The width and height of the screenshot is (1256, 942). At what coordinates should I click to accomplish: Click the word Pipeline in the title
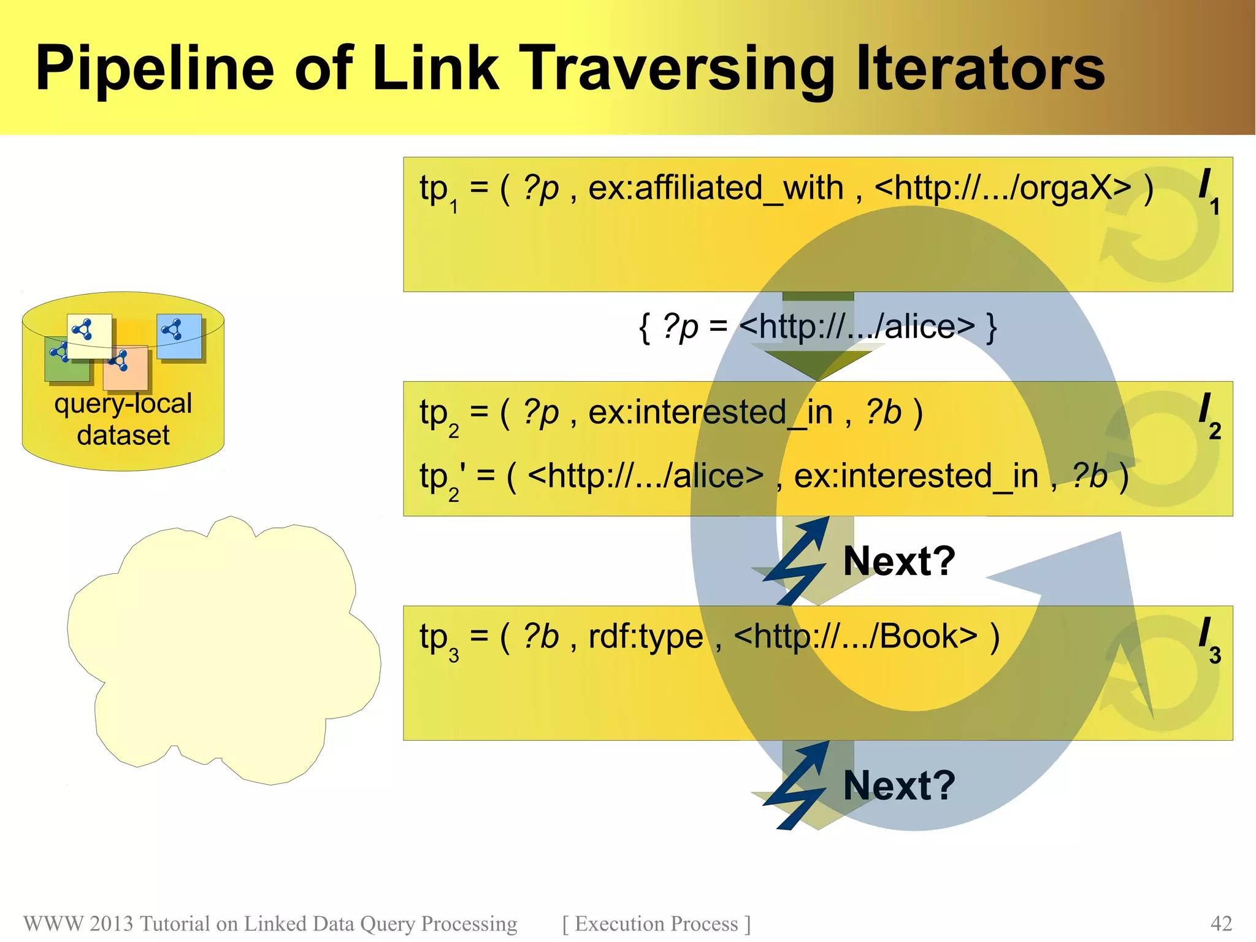pos(154,69)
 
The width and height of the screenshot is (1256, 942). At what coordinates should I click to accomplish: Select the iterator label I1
pos(1208,190)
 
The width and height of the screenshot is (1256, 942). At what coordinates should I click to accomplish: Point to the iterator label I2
pos(1209,415)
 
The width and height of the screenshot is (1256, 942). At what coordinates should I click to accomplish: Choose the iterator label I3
pos(1209,639)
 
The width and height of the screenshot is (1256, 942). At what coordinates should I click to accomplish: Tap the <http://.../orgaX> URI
pos(1002,188)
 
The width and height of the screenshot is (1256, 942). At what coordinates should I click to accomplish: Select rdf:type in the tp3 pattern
pos(645,636)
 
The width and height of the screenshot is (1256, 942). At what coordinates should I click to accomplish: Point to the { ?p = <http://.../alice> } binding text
pos(818,326)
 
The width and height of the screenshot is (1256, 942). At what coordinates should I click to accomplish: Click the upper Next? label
pos(899,560)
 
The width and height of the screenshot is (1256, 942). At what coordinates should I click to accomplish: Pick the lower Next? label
pos(899,785)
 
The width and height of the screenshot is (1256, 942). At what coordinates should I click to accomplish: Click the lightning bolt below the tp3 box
pos(796,786)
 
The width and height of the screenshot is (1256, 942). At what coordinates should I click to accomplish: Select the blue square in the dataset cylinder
pos(180,336)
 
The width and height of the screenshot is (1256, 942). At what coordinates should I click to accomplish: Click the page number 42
pos(1220,924)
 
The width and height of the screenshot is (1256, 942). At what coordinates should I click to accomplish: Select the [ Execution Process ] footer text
pos(656,924)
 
